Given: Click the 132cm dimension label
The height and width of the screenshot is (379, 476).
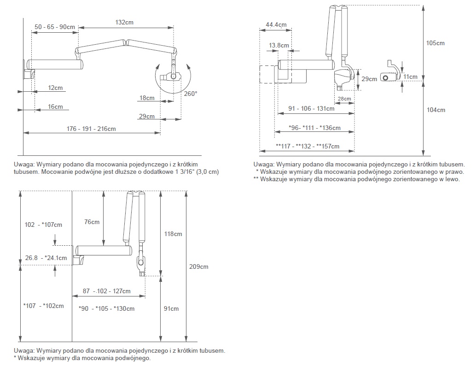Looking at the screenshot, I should pyautogui.click(x=125, y=22).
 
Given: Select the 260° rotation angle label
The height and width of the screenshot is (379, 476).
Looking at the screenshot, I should pyautogui.click(x=191, y=94).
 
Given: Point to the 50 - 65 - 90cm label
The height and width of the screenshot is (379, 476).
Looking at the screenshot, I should pyautogui.click(x=55, y=27).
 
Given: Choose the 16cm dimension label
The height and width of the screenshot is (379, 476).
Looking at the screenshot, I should pyautogui.click(x=55, y=107).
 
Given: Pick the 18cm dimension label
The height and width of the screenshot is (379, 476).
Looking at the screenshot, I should pyautogui.click(x=147, y=98).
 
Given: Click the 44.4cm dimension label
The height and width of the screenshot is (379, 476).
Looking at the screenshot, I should pyautogui.click(x=276, y=24).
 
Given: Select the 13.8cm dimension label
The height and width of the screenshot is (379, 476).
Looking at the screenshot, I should pyautogui.click(x=279, y=45).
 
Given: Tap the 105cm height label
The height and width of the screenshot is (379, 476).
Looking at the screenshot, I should pyautogui.click(x=435, y=43).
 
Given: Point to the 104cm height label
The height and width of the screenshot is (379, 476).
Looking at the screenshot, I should pyautogui.click(x=435, y=110).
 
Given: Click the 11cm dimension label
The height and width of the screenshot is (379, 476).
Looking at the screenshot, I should pyautogui.click(x=411, y=77).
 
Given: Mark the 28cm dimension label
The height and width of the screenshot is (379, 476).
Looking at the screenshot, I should pyautogui.click(x=344, y=99).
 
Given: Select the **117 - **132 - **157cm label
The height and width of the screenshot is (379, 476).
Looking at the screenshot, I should pyautogui.click(x=308, y=147).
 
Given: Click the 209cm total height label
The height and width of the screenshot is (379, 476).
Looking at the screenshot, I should pyautogui.click(x=199, y=266).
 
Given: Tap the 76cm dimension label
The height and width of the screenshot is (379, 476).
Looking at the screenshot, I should pyautogui.click(x=92, y=222).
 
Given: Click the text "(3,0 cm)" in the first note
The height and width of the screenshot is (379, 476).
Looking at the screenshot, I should pyautogui.click(x=206, y=172).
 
